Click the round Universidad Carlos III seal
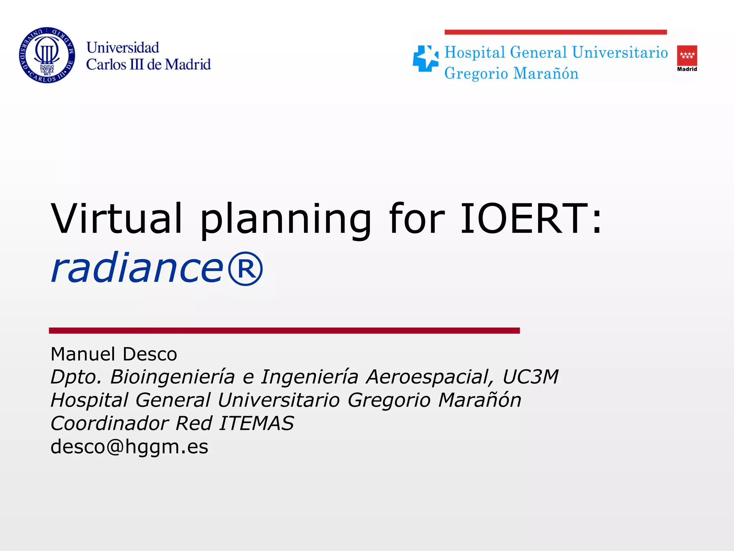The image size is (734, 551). tap(47, 55)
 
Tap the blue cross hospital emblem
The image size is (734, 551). tap(425, 58)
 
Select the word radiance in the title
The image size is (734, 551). tap(137, 267)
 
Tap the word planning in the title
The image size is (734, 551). tap(285, 220)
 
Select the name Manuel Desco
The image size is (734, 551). tap(114, 354)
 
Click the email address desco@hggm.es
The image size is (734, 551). tap(129, 447)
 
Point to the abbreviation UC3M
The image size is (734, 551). tap(530, 377)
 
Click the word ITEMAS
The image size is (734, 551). tap(256, 423)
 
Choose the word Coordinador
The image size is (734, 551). tap(110, 423)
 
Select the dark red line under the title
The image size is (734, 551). tap(284, 330)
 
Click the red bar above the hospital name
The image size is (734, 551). tap(556, 32)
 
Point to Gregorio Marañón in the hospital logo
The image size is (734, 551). tap(511, 74)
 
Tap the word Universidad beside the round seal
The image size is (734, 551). tap(123, 48)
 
